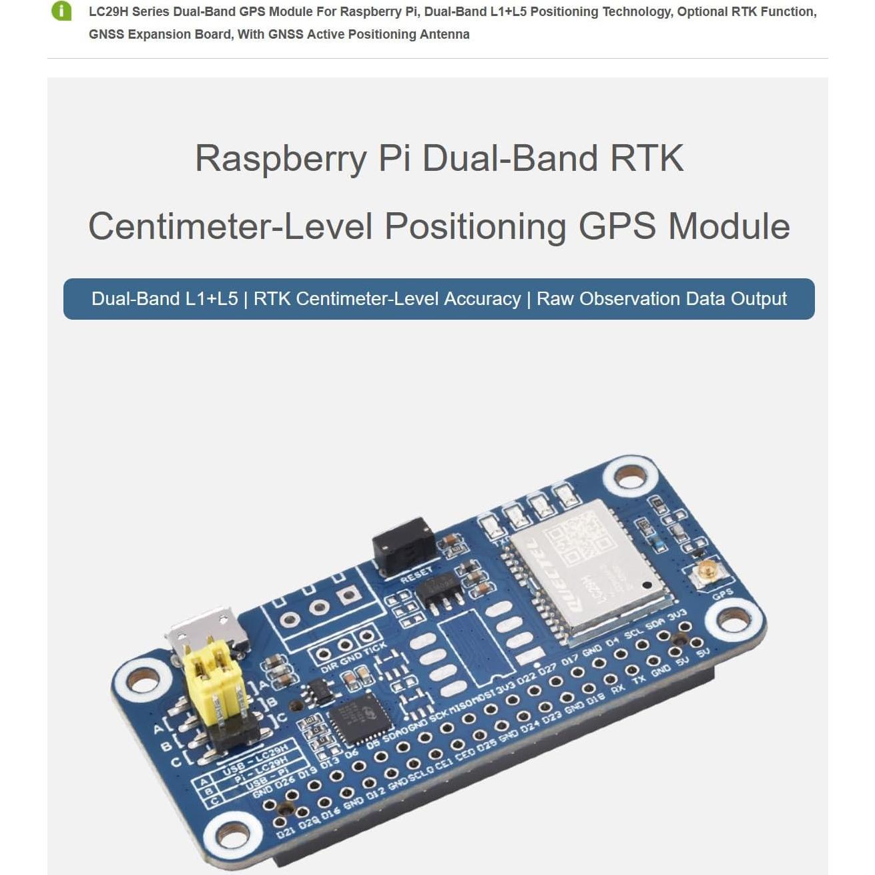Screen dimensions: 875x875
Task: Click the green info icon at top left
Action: tap(61, 11)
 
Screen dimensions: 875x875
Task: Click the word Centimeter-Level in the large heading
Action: tap(230, 226)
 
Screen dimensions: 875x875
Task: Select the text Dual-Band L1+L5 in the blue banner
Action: tap(164, 299)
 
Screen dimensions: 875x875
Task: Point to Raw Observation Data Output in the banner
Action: tap(661, 299)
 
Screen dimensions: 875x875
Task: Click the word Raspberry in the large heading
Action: tap(280, 159)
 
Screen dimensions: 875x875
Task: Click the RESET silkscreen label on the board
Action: tap(416, 575)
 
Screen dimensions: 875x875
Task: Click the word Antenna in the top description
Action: tap(445, 35)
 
